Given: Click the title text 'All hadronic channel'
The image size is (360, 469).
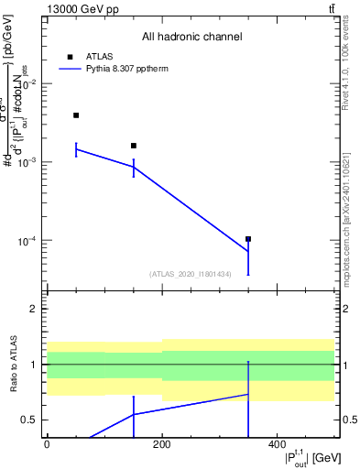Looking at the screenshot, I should point(191,37).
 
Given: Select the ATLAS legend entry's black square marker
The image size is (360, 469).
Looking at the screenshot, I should point(71,56).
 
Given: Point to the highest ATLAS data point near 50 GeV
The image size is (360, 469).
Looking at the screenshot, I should point(76,115).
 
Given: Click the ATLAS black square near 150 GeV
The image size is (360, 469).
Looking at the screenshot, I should point(134,146).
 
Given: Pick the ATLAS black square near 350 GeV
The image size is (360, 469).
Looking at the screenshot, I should point(248,239).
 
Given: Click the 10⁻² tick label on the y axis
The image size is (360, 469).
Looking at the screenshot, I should point(29,83).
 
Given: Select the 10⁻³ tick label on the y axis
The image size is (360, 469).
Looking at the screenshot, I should point(29,162).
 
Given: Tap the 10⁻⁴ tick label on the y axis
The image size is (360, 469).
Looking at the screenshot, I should point(29,241).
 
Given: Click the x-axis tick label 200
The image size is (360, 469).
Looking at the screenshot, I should point(162,445).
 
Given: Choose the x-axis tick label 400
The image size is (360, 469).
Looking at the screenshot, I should point(277,445).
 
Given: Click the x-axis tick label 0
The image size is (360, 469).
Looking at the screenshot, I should point(47,445).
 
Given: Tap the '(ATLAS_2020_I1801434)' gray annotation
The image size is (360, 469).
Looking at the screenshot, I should point(190,274).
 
